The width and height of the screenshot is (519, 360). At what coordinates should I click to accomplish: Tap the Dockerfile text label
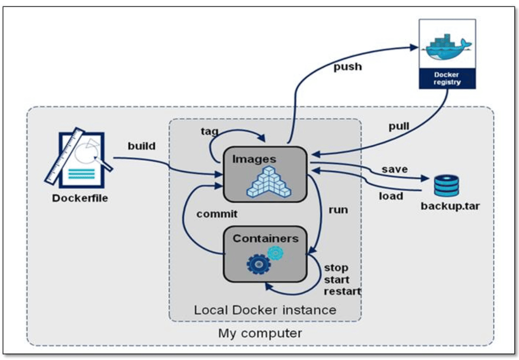[x=80, y=198]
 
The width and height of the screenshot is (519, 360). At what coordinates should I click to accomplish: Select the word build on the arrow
[x=141, y=146]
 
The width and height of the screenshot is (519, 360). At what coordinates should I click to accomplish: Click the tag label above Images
[x=210, y=132]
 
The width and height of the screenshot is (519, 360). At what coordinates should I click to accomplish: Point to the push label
[x=347, y=67]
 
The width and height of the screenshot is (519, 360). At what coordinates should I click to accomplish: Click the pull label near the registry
[x=399, y=126]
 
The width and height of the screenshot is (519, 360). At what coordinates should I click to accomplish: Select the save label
[x=395, y=169]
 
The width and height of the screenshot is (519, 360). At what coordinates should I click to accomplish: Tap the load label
[x=391, y=195]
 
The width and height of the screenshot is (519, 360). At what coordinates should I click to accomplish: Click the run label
[x=338, y=210]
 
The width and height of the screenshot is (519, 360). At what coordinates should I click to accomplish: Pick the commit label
[x=217, y=214]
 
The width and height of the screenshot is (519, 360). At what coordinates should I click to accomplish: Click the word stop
[x=336, y=268]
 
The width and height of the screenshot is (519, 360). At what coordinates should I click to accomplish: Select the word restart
[x=342, y=292]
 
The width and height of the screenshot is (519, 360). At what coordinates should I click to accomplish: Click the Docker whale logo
[x=447, y=47]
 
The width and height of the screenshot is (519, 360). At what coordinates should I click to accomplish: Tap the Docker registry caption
[x=447, y=78]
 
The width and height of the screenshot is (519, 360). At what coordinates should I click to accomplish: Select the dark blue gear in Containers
[x=257, y=264]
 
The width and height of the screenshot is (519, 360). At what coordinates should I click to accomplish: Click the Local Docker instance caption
[x=265, y=310]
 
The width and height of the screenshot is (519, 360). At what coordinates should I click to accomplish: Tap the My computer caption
[x=260, y=333]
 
